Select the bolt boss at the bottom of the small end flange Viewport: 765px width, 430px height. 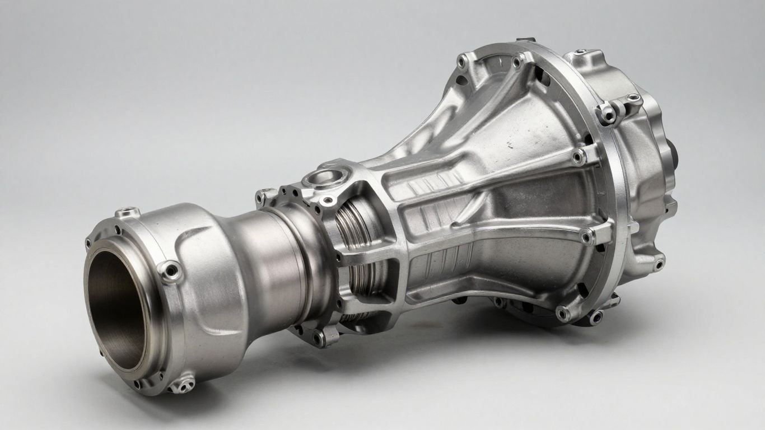click(x=183, y=384)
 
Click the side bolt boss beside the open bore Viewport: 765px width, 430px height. click(x=169, y=272)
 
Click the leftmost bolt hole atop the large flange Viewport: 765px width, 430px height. click(x=463, y=60)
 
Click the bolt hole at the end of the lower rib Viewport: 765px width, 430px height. click(x=586, y=237)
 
